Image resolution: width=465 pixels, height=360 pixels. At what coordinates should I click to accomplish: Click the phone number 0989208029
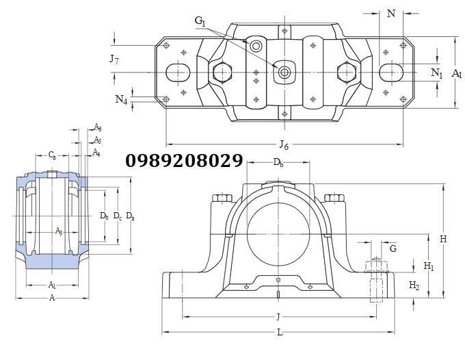tap(184, 161)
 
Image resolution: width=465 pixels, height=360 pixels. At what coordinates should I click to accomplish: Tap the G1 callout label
tap(200, 21)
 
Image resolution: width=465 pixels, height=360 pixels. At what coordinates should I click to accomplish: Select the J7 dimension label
tap(114, 59)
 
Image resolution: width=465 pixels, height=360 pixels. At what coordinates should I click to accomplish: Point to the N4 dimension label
tap(121, 99)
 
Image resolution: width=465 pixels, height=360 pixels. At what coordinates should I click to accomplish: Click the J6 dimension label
tap(284, 144)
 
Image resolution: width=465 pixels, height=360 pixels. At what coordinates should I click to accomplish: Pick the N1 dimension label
tap(436, 73)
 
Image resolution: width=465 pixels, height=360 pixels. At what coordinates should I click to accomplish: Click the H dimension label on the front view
tap(443, 239)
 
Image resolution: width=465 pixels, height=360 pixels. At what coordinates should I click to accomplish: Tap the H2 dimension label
tap(414, 285)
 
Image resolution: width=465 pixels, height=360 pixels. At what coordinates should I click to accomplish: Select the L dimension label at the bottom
tap(280, 332)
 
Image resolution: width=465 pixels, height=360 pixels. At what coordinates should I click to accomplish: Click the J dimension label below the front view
tap(278, 317)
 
